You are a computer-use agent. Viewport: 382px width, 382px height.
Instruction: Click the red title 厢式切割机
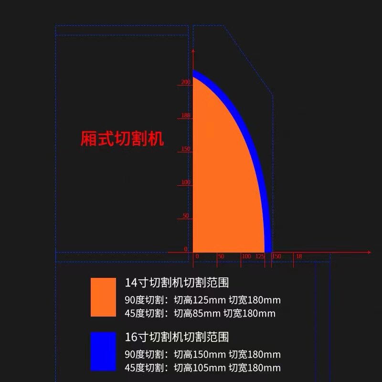tap(122, 138)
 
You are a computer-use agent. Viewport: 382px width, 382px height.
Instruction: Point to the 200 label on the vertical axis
tap(186, 82)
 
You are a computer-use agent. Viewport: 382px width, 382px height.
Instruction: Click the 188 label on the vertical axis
tap(186, 116)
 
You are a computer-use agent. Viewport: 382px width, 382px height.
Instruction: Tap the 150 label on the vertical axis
tap(186, 149)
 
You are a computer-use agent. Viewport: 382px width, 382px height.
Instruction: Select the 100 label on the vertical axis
tap(186, 182)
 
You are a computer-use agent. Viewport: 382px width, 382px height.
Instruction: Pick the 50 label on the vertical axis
tap(186, 216)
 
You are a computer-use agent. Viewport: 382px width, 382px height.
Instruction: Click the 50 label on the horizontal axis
tap(221, 256)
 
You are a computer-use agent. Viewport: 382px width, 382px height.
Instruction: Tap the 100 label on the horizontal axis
tap(246, 256)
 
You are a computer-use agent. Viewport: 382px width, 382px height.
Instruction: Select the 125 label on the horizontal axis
tap(260, 256)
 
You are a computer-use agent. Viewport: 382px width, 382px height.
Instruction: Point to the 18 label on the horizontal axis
tap(299, 256)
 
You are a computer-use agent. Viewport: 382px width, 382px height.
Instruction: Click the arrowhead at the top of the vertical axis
tap(192, 52)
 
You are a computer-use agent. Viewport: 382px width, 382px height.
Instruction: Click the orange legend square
tap(103, 297)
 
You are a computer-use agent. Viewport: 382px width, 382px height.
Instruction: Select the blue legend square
tap(103, 351)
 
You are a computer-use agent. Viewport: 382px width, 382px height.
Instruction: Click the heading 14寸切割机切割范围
tap(177, 283)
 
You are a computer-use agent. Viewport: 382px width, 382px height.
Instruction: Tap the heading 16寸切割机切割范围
tap(177, 337)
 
